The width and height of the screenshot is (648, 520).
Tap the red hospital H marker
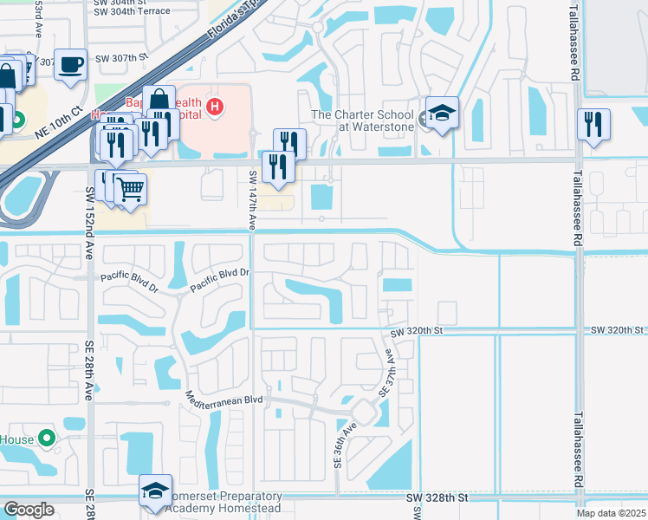[216, 107]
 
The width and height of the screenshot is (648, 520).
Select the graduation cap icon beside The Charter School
[442, 113]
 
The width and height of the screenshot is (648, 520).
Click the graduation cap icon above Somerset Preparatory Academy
[156, 491]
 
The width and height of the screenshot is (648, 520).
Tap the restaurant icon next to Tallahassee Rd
[593, 122]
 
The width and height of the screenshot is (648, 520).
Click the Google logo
[29, 510]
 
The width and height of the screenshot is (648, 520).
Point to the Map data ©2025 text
[612, 513]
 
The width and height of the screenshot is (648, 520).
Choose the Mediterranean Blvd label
[224, 399]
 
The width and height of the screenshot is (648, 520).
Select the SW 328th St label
[437, 498]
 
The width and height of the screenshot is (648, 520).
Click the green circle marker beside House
[47, 439]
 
